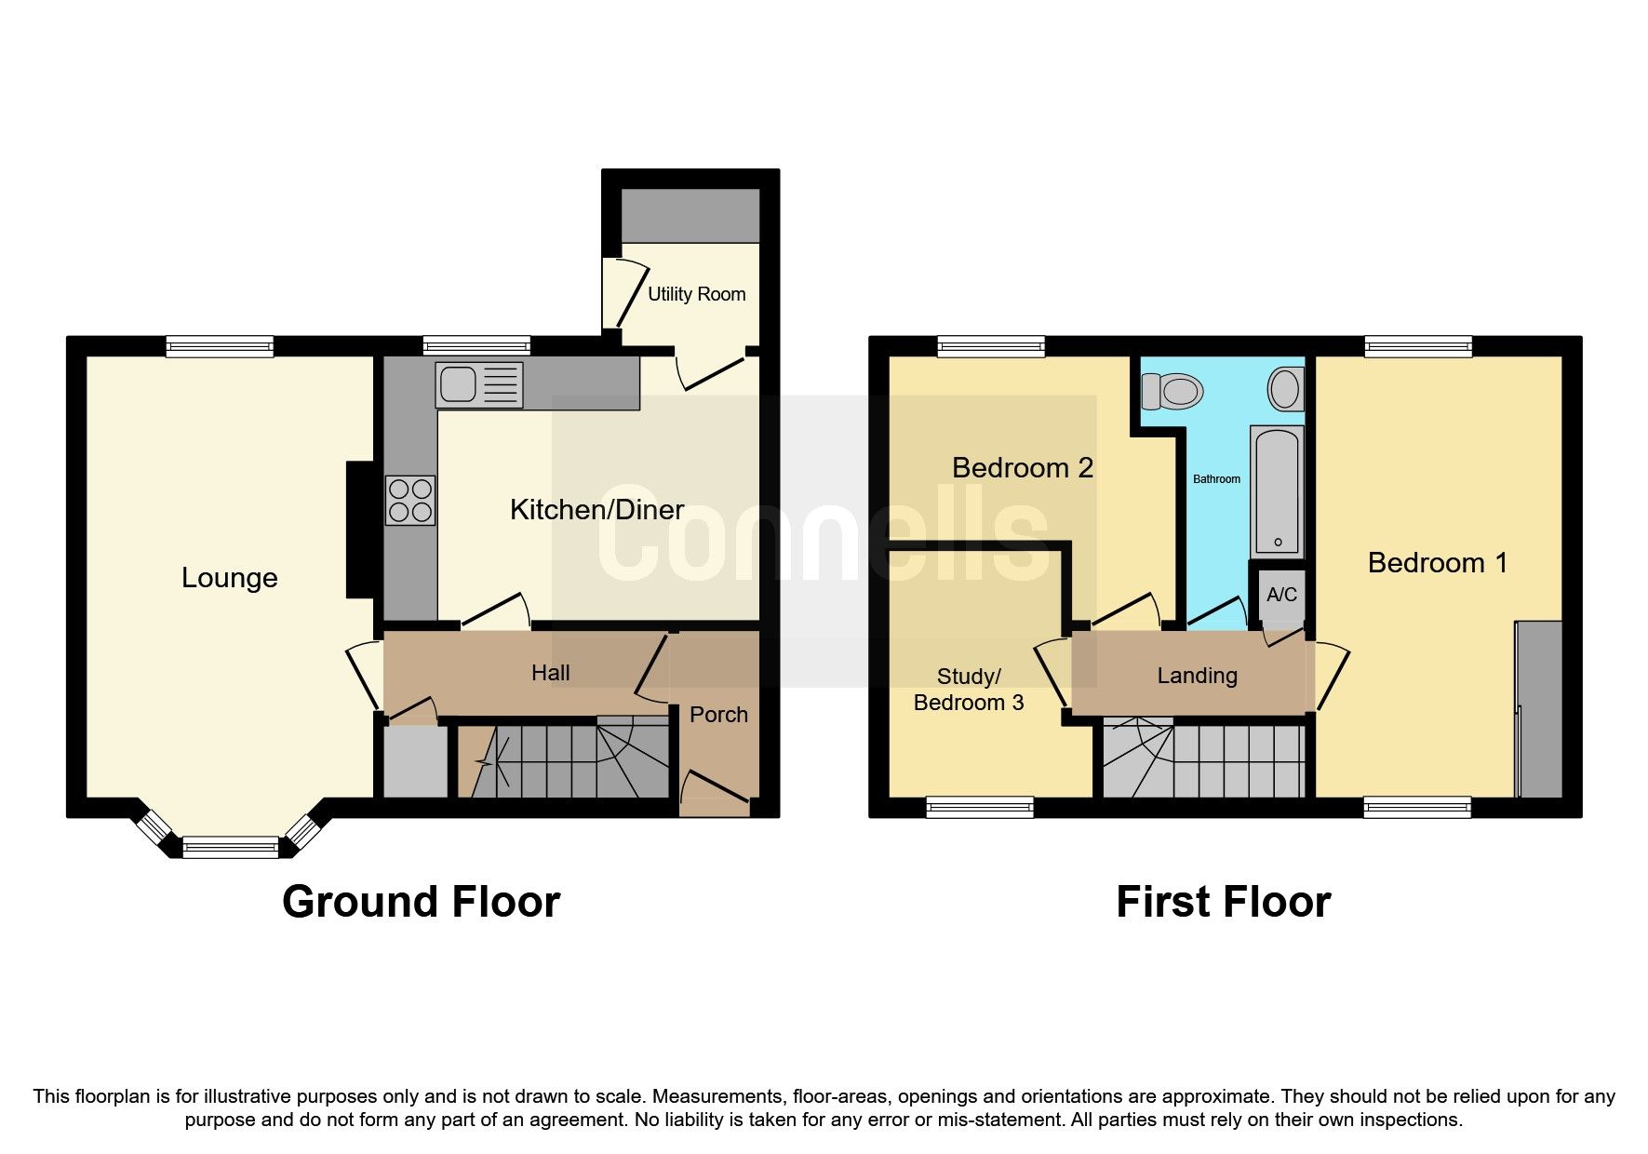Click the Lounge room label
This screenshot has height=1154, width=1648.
tap(229, 578)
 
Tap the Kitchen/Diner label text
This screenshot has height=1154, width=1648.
tap(596, 509)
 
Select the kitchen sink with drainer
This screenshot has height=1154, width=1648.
tap(479, 384)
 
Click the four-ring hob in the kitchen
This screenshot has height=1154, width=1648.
tap(410, 500)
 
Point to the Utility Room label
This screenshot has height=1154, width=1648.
tap(696, 294)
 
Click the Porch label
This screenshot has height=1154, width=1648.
tap(718, 715)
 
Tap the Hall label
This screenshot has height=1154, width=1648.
tap(550, 673)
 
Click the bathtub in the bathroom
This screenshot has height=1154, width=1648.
tap(1277, 491)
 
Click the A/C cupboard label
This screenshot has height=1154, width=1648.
tap(1281, 595)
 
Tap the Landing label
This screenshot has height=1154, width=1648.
tap(1197, 676)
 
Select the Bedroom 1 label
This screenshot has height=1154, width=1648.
tap(1437, 562)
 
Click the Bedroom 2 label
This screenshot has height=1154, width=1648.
tap(1022, 467)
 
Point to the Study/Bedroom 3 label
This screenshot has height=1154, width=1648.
tap(969, 690)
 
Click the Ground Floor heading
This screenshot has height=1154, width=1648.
tap(421, 902)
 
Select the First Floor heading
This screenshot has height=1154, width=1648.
tap(1223, 902)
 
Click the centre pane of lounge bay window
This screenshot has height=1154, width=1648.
tap(230, 847)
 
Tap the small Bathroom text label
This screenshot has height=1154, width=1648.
tap(1216, 479)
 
